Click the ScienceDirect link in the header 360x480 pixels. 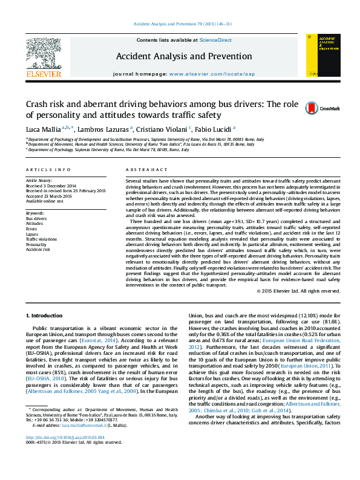(x=217, y=40)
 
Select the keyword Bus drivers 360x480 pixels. (x=36, y=219)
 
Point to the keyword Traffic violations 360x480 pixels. (x=42, y=239)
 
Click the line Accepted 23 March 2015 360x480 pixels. (x=49, y=196)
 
